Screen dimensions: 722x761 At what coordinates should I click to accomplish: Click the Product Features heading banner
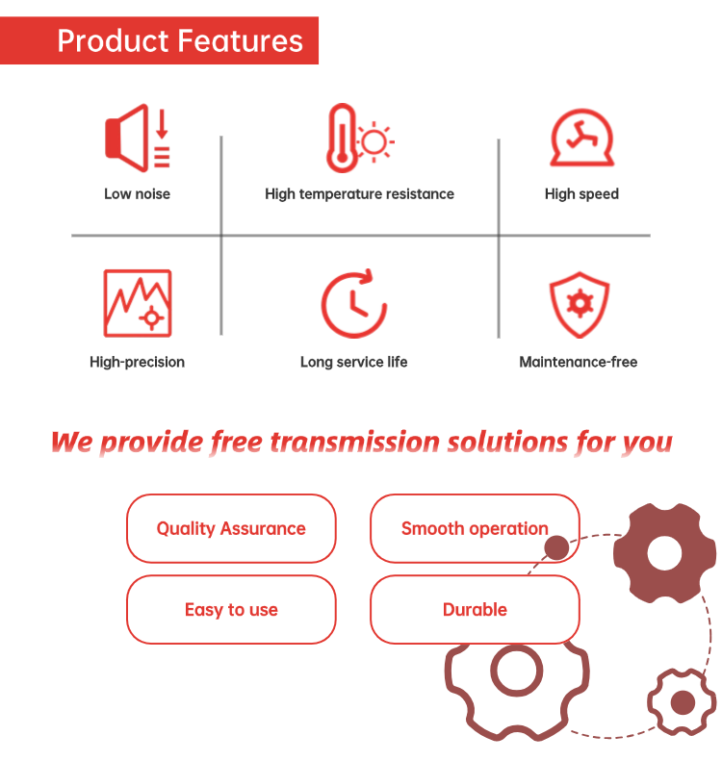pos(159,40)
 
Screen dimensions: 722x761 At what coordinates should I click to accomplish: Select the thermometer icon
pos(342,138)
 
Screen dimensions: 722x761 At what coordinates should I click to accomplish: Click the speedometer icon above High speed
pos(581,138)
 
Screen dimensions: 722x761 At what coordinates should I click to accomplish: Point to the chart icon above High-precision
pos(138,303)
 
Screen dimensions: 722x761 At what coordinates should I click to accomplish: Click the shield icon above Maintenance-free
pos(580,304)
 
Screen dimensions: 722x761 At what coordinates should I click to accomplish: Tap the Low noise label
pos(137,194)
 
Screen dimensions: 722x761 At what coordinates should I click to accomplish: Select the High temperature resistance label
pos(359,194)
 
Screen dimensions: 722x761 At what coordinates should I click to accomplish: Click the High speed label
pos(581,194)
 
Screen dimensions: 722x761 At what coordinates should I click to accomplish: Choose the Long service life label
pos(354,362)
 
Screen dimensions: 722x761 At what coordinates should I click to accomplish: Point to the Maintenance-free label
pos(579,362)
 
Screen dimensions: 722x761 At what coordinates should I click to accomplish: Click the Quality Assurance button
pos(231,528)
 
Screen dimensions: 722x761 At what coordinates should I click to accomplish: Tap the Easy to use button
pos(231,610)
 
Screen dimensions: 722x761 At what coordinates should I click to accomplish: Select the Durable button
pos(475,610)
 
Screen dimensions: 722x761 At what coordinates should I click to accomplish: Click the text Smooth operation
pos(475,528)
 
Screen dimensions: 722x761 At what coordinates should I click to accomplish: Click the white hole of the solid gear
pos(664,553)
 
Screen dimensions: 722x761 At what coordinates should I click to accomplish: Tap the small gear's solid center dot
pos(683,702)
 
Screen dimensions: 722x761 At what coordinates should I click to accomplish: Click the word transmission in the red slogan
pos(355,443)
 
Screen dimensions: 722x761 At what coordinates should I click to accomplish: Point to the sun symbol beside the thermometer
pos(374,142)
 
